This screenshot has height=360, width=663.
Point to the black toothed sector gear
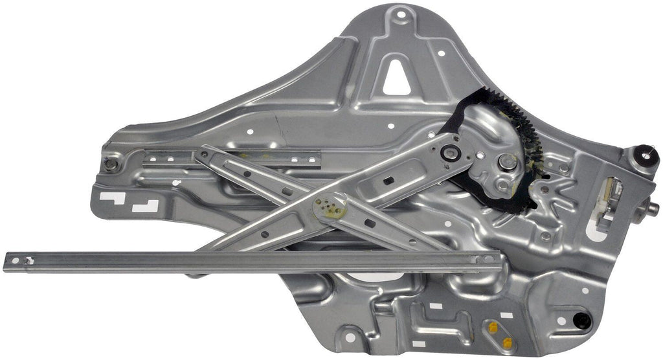(518, 155)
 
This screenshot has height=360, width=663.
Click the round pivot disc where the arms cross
(330, 207)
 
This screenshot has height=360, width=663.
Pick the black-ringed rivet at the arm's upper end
(449, 153)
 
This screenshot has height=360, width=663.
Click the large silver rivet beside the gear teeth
(508, 161)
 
